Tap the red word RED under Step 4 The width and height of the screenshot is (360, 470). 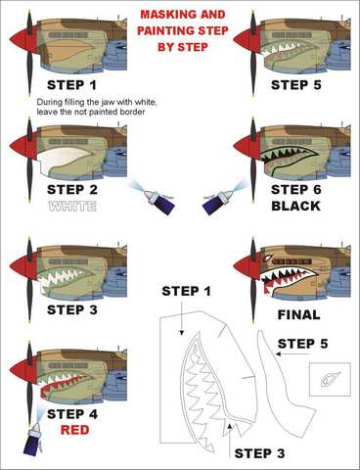coord(74,430)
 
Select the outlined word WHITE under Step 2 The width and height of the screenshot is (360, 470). coord(72,206)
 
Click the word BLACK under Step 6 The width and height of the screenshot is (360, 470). coord(295,206)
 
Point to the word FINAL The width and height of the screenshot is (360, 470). coord(298,315)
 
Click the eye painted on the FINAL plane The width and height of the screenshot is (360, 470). coord(267,258)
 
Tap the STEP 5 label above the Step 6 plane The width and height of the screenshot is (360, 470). coord(295,85)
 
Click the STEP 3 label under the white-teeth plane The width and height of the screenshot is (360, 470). coord(72,309)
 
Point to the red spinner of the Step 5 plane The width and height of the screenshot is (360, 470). coord(246,40)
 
